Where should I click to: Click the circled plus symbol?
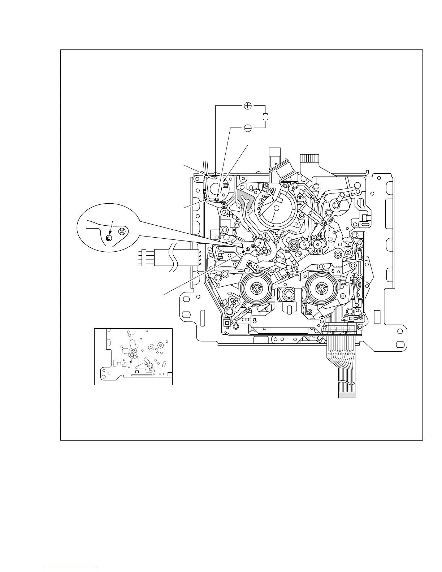(x=248, y=106)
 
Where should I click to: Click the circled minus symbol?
(x=248, y=128)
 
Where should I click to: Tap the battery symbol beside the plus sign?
(x=265, y=116)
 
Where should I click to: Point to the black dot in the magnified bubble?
(x=109, y=238)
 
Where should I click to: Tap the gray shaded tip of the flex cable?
(x=347, y=395)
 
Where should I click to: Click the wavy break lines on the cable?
(x=173, y=257)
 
